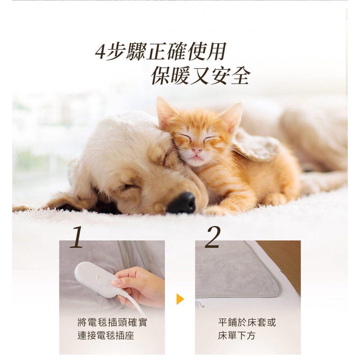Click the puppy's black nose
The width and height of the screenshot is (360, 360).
tap(182, 203)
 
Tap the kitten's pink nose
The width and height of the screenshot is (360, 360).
tap(197, 150)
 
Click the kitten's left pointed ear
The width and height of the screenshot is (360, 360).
tap(165, 112)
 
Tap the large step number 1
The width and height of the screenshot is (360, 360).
tap(76, 237)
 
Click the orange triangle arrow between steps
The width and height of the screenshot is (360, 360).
tap(180, 299)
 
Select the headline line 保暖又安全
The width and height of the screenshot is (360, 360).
tap(200, 76)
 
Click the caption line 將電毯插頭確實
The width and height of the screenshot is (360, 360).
tap(112, 323)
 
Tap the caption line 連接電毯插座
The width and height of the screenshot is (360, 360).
tap(106, 336)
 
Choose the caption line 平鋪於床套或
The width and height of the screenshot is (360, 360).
tap(247, 323)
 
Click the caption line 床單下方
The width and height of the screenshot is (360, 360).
tap(237, 336)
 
